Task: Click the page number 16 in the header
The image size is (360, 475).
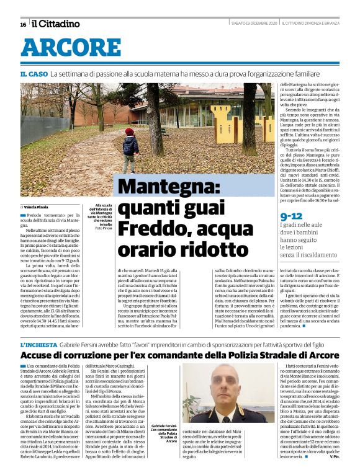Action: (23, 24)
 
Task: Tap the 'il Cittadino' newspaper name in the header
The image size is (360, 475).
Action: (56, 24)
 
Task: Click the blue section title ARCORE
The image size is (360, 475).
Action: (71, 48)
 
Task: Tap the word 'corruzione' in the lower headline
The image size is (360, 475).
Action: (91, 356)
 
